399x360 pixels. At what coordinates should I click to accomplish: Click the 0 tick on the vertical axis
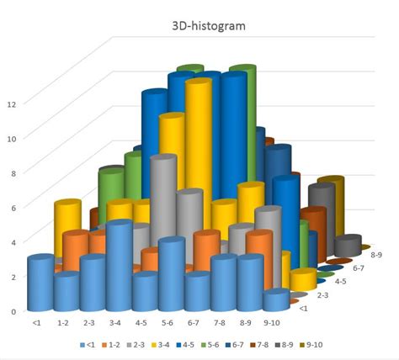coord(12,311)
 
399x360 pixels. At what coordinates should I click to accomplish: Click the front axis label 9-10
coord(272,322)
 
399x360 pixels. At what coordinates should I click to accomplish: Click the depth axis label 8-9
coord(377,251)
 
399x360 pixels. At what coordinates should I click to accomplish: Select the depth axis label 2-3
coord(322,295)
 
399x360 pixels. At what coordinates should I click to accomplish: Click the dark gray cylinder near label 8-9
coord(347,246)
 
